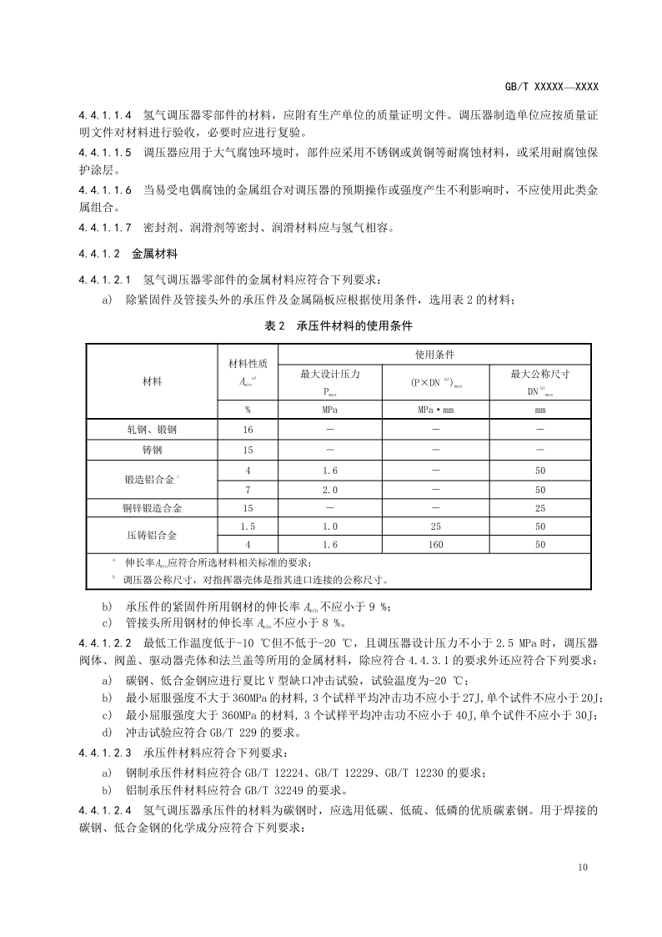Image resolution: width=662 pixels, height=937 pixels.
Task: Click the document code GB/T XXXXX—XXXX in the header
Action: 551,87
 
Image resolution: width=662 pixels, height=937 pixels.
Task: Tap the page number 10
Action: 582,868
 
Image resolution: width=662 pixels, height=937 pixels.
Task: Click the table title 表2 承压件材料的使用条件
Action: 339,326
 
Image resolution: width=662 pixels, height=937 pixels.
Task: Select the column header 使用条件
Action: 434,355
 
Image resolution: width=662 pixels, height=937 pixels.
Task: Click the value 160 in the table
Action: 434,545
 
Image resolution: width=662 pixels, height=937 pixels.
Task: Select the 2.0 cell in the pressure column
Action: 330,490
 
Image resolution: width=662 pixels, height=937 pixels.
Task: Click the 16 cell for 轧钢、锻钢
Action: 248,430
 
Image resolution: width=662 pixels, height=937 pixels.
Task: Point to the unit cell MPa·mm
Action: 434,410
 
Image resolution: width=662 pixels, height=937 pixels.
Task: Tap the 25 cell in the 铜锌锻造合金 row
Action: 540,508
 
